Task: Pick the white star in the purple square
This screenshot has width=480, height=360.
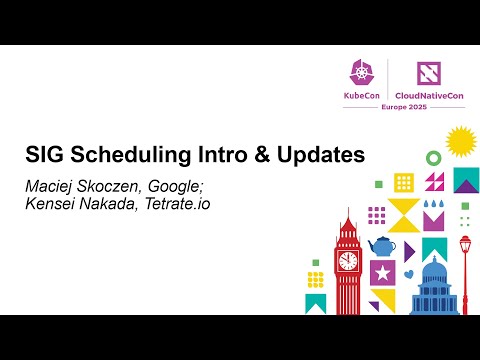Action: pyautogui.click(x=381, y=271)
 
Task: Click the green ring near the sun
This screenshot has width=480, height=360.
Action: pyautogui.click(x=432, y=158)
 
